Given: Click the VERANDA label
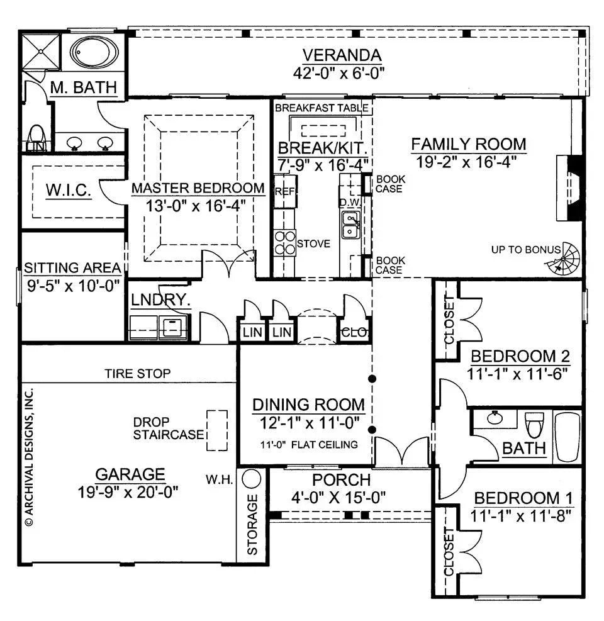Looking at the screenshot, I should click(342, 55).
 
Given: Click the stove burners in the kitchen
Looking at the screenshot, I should click(286, 242).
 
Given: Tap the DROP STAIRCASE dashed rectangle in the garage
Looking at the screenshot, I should click(217, 430).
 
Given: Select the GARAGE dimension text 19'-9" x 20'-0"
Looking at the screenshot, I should click(130, 492).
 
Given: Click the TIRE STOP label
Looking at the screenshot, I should click(137, 374).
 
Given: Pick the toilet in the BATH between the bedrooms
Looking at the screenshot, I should click(534, 425).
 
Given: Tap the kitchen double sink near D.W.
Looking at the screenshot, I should click(350, 225).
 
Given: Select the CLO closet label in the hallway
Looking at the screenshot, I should click(350, 332).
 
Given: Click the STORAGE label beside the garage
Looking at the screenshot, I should click(252, 525).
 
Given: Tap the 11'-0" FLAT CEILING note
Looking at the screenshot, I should click(308, 444).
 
